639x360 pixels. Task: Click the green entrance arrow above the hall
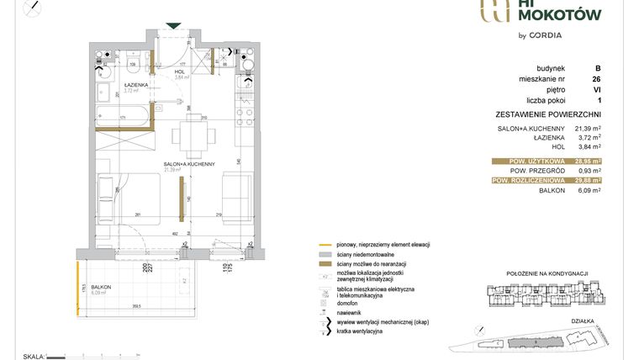[x=172, y=26]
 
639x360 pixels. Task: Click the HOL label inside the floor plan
[x=179, y=71]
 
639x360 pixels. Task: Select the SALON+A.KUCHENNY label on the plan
[x=190, y=163]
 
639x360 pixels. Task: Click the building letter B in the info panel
[x=597, y=69]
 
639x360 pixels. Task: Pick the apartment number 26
[x=596, y=79]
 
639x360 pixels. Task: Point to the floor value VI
[x=596, y=89]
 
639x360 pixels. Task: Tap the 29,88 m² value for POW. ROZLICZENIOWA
[x=587, y=180]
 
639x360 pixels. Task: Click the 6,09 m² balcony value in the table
[x=587, y=190]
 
